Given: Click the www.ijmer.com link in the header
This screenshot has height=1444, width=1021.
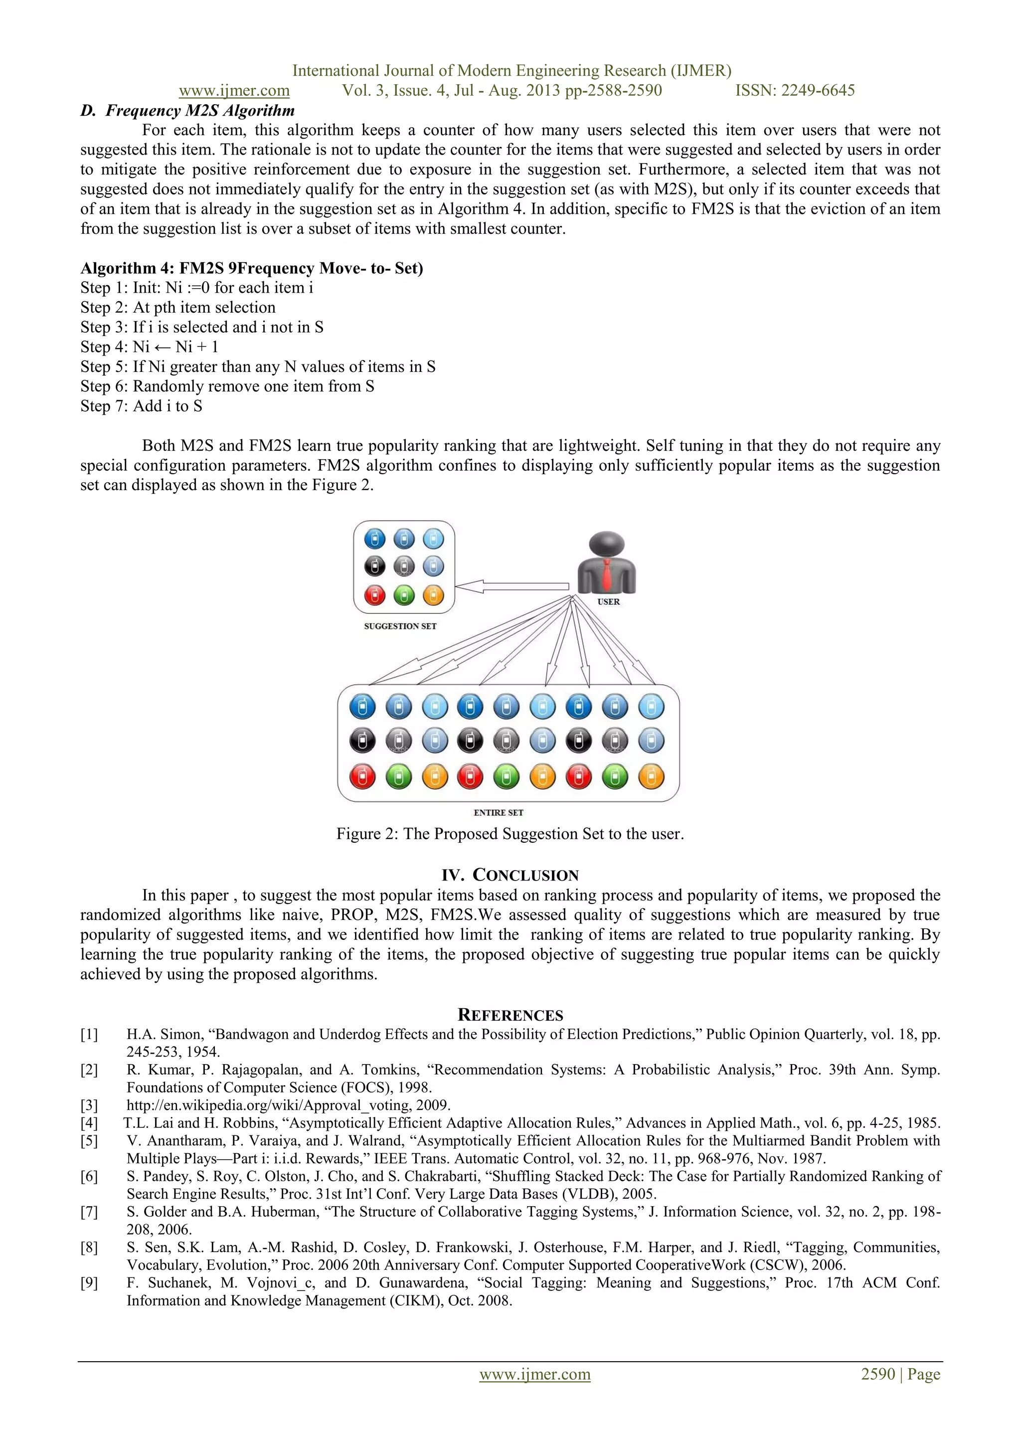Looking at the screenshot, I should pos(234,91).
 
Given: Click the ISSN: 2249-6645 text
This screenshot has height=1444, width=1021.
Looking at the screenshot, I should pos(795,91).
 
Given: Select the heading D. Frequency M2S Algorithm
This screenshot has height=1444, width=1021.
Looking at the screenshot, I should pos(187,111).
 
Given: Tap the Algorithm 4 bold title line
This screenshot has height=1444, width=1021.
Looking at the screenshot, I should pos(251,269).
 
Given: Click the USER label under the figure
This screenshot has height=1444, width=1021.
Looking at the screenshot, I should pos(608,602).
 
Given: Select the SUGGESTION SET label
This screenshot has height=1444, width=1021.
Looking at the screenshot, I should pos(400,626).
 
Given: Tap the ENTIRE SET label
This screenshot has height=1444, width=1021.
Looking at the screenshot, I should pos(498,813).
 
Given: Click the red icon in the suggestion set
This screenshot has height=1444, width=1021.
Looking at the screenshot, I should pos(375,595).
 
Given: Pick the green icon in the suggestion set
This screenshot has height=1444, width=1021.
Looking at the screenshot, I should pos(404,595).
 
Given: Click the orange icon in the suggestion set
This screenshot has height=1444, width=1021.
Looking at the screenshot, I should pos(433,595).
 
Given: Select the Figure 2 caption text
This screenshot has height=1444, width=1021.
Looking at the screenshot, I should pos(510,834).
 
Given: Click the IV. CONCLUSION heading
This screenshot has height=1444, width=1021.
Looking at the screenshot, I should pos(510,876).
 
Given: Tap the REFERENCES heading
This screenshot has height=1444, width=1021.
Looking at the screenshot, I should pos(510,1015).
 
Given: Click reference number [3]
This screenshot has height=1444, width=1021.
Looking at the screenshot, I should pos(89,1105).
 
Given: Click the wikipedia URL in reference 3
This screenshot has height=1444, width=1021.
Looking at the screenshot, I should pos(288,1105).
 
